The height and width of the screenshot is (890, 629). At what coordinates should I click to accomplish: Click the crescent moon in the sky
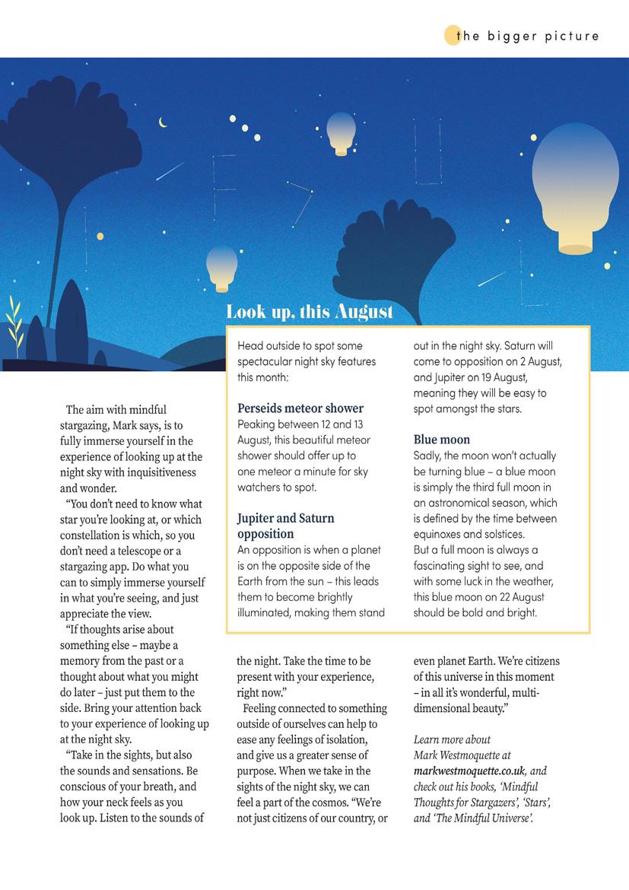click(x=162, y=122)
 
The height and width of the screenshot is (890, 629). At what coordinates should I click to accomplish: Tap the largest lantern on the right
click(x=575, y=186)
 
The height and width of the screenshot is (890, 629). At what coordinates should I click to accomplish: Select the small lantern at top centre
click(x=341, y=133)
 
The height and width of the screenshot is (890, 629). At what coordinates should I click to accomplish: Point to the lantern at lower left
click(x=221, y=268)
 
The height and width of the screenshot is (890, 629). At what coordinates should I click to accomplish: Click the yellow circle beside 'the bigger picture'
click(x=452, y=36)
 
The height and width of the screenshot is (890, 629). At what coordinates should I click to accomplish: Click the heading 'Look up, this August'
click(x=310, y=311)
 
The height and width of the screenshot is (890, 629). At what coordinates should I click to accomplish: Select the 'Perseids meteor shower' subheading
click(x=300, y=408)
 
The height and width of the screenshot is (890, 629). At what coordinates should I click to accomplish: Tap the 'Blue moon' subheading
click(x=442, y=440)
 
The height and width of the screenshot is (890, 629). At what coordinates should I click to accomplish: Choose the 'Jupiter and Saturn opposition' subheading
click(x=285, y=526)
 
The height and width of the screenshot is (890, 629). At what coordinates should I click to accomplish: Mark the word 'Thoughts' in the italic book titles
click(x=437, y=803)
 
